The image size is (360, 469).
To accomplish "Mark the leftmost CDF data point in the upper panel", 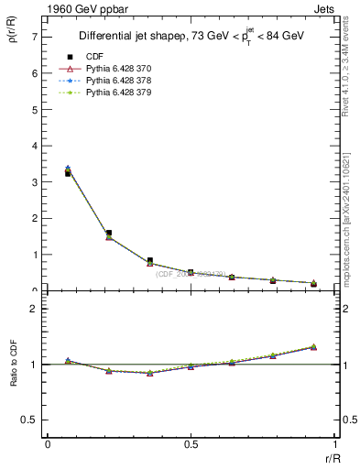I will [x=68, y=172].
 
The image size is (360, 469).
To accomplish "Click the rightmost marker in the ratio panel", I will [x=313, y=346].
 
